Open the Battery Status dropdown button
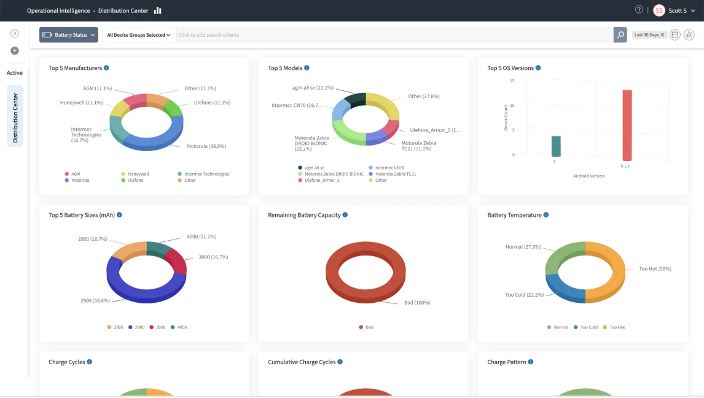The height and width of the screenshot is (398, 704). [69, 35]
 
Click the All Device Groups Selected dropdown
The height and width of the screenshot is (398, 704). [139, 35]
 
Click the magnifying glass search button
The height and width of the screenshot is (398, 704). [620, 35]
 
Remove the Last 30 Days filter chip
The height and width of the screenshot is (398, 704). [662, 35]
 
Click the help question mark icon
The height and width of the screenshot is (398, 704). [639, 9]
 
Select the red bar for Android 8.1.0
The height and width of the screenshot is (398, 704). [627, 125]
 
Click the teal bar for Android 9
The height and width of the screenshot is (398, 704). [556, 146]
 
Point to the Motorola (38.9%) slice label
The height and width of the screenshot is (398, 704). [206, 146]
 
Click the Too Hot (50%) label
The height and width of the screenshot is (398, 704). [655, 269]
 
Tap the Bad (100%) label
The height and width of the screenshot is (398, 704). [417, 302]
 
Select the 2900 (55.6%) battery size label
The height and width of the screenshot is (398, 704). [95, 300]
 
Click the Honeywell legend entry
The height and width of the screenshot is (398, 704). [135, 174]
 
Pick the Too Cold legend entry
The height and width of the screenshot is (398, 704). [585, 327]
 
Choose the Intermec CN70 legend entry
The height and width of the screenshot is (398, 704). [386, 168]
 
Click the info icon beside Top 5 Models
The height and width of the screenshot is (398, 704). [307, 68]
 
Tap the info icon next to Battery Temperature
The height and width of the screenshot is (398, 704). [546, 215]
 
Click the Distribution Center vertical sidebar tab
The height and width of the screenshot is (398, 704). [15, 116]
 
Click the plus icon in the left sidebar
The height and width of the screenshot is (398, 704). [15, 51]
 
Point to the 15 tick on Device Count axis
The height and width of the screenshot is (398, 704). [512, 80]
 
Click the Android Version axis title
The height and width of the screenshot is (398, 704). [589, 176]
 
